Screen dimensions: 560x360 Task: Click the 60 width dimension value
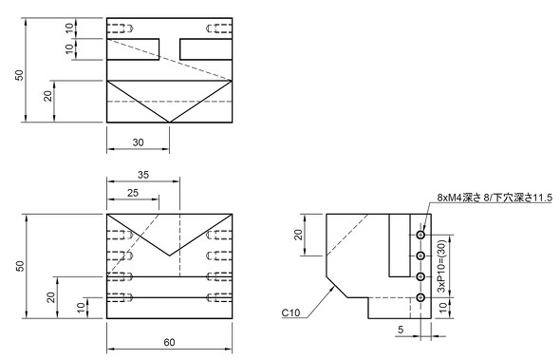[x=169, y=342]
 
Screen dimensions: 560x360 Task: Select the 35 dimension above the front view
[x=143, y=175]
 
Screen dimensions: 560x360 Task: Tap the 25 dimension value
[x=133, y=193]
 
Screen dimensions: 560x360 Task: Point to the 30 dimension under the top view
[x=139, y=142]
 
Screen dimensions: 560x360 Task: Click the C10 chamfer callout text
[x=290, y=313]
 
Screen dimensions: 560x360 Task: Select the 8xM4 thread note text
[x=495, y=198]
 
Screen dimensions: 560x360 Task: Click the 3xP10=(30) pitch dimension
[x=441, y=266]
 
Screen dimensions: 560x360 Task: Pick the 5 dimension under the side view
[x=401, y=330]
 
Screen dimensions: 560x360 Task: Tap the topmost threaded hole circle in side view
[x=420, y=235]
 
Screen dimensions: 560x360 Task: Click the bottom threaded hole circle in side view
[x=420, y=297]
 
